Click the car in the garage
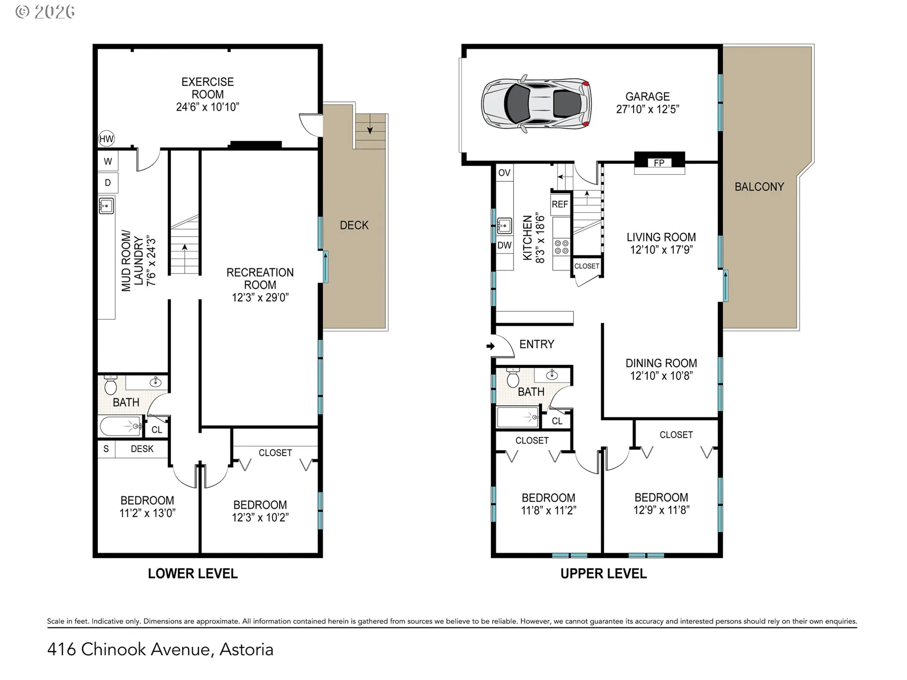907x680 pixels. coord(536,103)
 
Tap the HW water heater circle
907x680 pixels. coord(107,139)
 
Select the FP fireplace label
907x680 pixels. coord(659,163)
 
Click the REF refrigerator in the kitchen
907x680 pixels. coord(560,204)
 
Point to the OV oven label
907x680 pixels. coord(505,173)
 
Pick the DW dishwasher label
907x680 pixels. coord(505,245)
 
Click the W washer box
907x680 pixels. coord(108,161)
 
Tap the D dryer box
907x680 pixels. coord(108,183)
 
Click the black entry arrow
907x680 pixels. coord(490,346)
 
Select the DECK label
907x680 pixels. coord(354,225)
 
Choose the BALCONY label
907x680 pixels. coord(759,187)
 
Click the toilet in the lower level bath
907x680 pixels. coord(111,385)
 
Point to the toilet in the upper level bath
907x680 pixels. coord(513,377)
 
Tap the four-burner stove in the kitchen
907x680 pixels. coord(561,247)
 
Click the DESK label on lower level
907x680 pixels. coord(142,449)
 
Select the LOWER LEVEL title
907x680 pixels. coord(193,573)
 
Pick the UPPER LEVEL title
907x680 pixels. coord(604,574)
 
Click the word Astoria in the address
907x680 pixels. coord(247,649)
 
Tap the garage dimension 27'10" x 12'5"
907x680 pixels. coord(648,109)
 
